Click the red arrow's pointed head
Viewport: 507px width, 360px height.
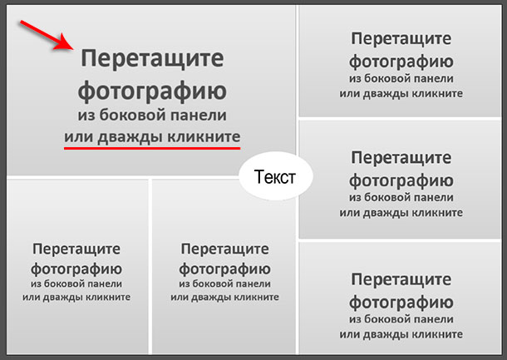pos(73,49)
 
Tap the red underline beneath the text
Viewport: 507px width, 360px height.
pos(152,148)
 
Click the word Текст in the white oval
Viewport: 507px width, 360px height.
pos(275,177)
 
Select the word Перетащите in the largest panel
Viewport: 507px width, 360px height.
pos(152,58)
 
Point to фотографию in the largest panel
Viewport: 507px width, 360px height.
pos(152,91)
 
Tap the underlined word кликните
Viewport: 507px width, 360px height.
pos(204,136)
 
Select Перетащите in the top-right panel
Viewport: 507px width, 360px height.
pos(401,39)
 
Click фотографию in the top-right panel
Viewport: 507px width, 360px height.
pos(401,62)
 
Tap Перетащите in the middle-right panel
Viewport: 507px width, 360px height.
pos(401,158)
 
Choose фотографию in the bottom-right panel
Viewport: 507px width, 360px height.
pos(401,303)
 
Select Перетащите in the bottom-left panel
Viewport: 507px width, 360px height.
pos(76,249)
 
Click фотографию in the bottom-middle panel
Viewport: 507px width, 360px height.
pos(224,269)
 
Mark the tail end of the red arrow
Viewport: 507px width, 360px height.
pos(21,22)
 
